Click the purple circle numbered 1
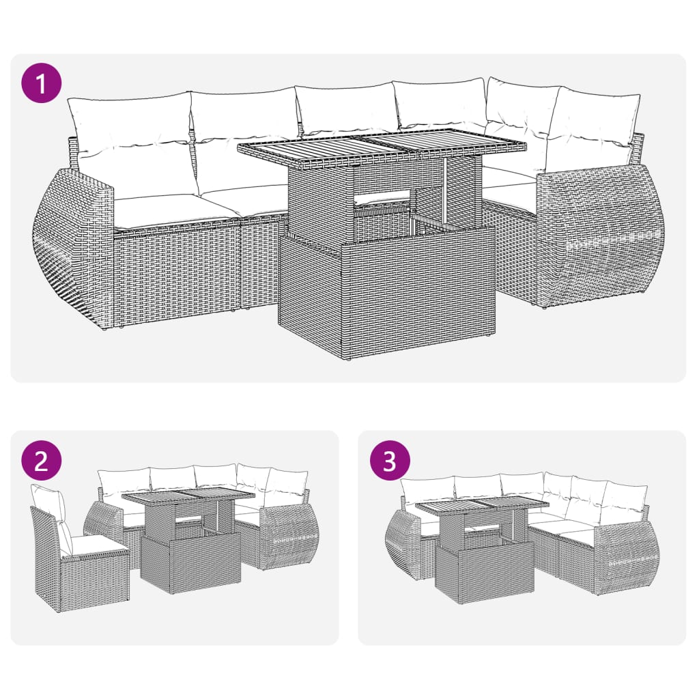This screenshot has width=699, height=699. (x=42, y=84)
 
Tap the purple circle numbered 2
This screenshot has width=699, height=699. (x=41, y=461)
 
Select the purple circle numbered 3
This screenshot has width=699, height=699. (x=390, y=461)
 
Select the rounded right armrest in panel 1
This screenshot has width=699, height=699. (x=601, y=239)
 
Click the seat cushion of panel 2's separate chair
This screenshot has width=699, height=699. (x=96, y=545)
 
